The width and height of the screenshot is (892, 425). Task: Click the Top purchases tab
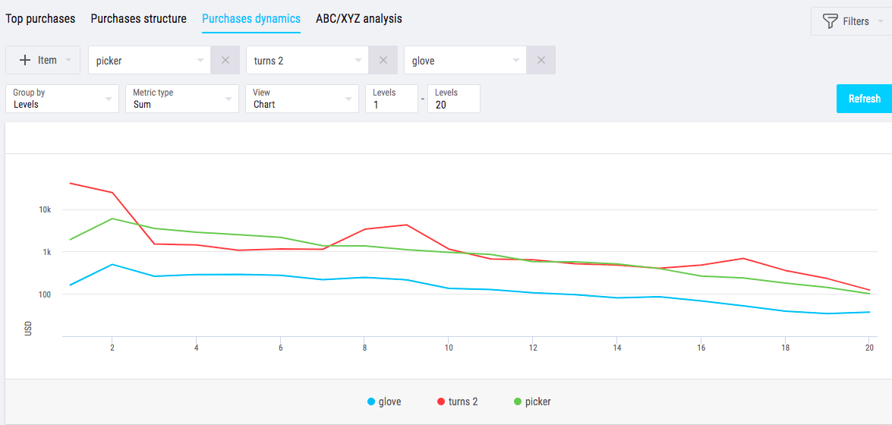41,19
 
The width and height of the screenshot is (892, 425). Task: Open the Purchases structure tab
138,19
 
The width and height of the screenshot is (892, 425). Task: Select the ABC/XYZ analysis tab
359,19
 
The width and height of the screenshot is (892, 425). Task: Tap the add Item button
43,60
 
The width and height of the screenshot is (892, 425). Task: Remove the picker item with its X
225,61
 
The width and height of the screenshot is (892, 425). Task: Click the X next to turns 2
383,61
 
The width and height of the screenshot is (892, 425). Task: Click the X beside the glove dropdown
541,61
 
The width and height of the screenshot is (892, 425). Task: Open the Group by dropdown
62,99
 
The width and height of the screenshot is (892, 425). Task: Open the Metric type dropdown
182,99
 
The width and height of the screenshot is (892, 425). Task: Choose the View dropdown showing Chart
302,99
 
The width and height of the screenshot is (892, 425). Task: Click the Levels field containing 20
453,99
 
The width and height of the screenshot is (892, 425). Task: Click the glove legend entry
384,401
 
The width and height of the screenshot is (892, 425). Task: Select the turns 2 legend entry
458,401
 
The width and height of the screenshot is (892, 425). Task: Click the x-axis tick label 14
617,348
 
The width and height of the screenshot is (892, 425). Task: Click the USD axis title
28,329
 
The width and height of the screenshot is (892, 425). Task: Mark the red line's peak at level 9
406,225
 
